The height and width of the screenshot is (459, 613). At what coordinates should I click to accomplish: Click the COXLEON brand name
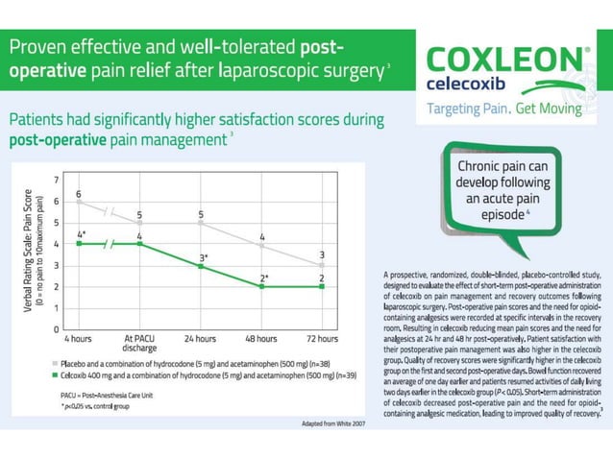click(500, 61)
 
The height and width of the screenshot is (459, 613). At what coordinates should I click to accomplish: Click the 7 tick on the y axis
click(55, 180)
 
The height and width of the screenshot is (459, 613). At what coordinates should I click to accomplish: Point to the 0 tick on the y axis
click(55, 329)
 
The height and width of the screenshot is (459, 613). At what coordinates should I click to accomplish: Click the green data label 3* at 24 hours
click(203, 257)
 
